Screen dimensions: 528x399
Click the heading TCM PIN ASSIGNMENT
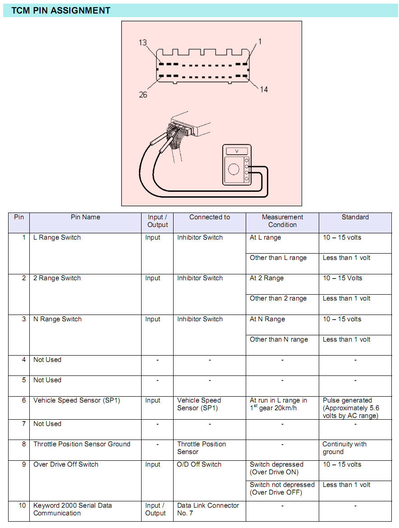click(61, 10)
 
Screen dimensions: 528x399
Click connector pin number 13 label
click(143, 43)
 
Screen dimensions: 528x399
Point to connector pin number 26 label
click(143, 95)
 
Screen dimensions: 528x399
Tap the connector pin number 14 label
click(264, 89)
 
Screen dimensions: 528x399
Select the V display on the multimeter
click(236, 151)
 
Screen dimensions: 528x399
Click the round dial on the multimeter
click(234, 169)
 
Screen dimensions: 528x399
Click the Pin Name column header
click(85, 217)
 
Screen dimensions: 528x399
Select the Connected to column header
click(209, 217)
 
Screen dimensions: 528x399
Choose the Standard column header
click(355, 217)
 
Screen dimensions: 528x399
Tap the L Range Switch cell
click(57, 237)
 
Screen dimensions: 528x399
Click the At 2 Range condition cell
click(266, 278)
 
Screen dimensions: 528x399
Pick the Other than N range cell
click(279, 339)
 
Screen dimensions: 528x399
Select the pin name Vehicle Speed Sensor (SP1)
click(77, 400)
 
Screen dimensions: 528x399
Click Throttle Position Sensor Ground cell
click(82, 444)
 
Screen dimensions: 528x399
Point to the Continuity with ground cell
click(344, 448)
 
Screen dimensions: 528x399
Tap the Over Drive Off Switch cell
click(66, 464)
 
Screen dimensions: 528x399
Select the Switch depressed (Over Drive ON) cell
click(276, 468)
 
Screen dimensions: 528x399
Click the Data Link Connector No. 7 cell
click(208, 509)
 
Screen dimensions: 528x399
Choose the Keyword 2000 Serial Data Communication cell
click(73, 509)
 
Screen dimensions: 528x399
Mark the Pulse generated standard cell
click(351, 408)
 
